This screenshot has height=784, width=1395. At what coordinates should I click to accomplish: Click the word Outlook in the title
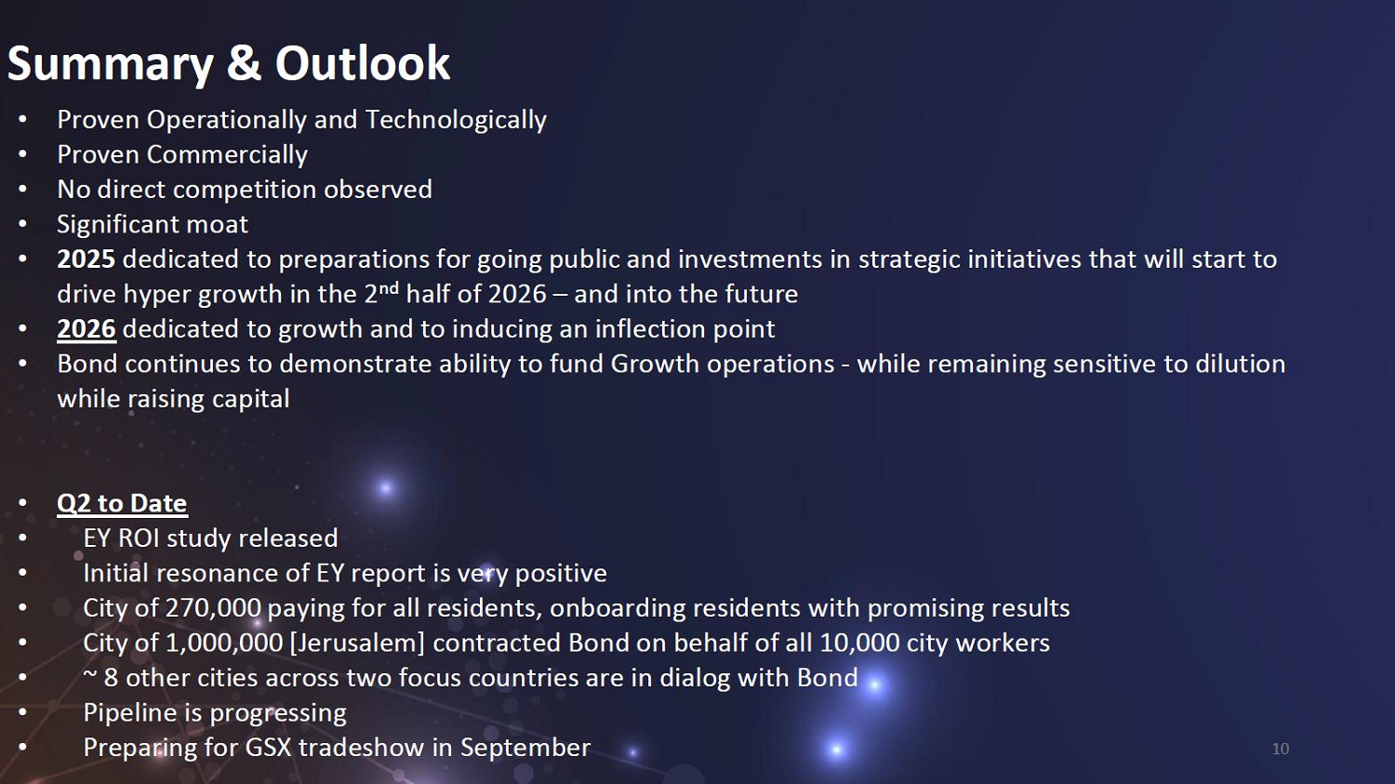click(x=363, y=63)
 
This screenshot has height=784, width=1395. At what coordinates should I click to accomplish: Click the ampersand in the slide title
click(x=244, y=63)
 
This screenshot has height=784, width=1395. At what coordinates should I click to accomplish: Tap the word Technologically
click(x=456, y=120)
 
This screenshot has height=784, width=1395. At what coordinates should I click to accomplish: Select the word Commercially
click(x=227, y=154)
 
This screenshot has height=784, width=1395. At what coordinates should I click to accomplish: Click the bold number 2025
click(x=86, y=259)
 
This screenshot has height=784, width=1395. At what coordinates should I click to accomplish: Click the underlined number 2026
click(x=86, y=329)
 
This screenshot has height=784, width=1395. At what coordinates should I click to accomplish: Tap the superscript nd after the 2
click(x=389, y=287)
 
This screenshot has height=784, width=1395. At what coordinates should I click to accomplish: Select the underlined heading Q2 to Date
click(x=122, y=503)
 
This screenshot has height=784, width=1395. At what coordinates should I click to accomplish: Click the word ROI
click(x=139, y=538)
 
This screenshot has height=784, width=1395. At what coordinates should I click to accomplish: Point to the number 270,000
click(x=213, y=608)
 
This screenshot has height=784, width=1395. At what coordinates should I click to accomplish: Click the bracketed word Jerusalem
click(x=357, y=643)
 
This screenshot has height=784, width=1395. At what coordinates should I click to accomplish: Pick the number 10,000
click(x=860, y=643)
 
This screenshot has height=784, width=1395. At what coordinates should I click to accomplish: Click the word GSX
click(x=269, y=747)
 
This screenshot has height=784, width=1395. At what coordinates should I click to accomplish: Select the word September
click(x=525, y=748)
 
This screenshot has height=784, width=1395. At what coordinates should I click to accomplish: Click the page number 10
click(x=1281, y=749)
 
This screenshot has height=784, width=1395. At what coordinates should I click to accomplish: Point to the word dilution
click(x=1241, y=364)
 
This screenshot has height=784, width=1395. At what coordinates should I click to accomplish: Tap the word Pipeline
click(x=130, y=712)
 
